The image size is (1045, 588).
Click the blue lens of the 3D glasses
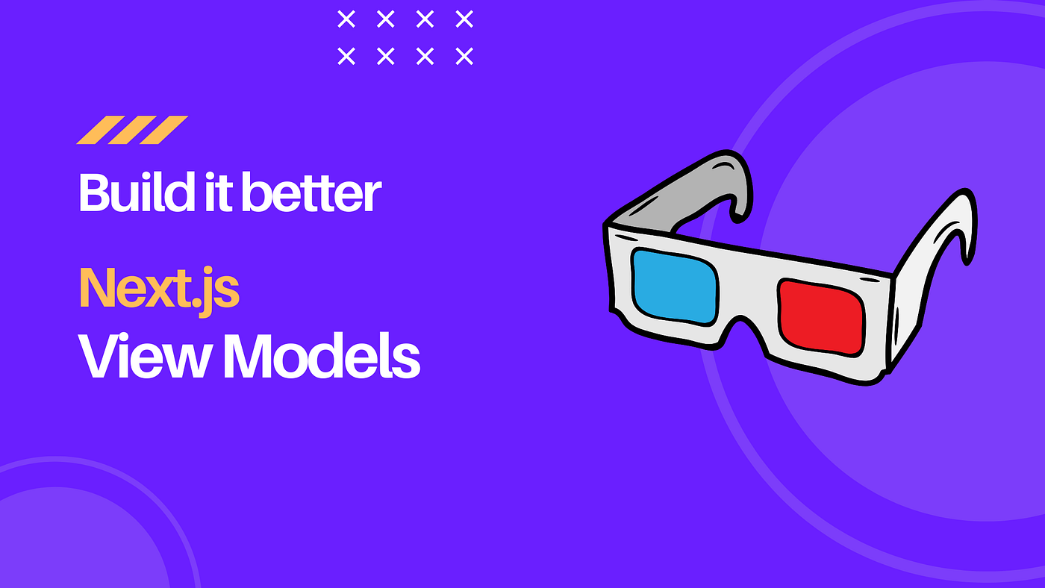click(x=674, y=286)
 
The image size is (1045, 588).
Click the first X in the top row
click(x=346, y=19)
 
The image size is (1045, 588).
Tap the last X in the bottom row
click(x=464, y=56)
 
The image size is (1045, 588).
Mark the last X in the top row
click(x=464, y=19)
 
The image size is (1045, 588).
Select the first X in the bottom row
click(x=346, y=56)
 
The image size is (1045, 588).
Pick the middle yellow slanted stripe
click(x=132, y=130)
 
